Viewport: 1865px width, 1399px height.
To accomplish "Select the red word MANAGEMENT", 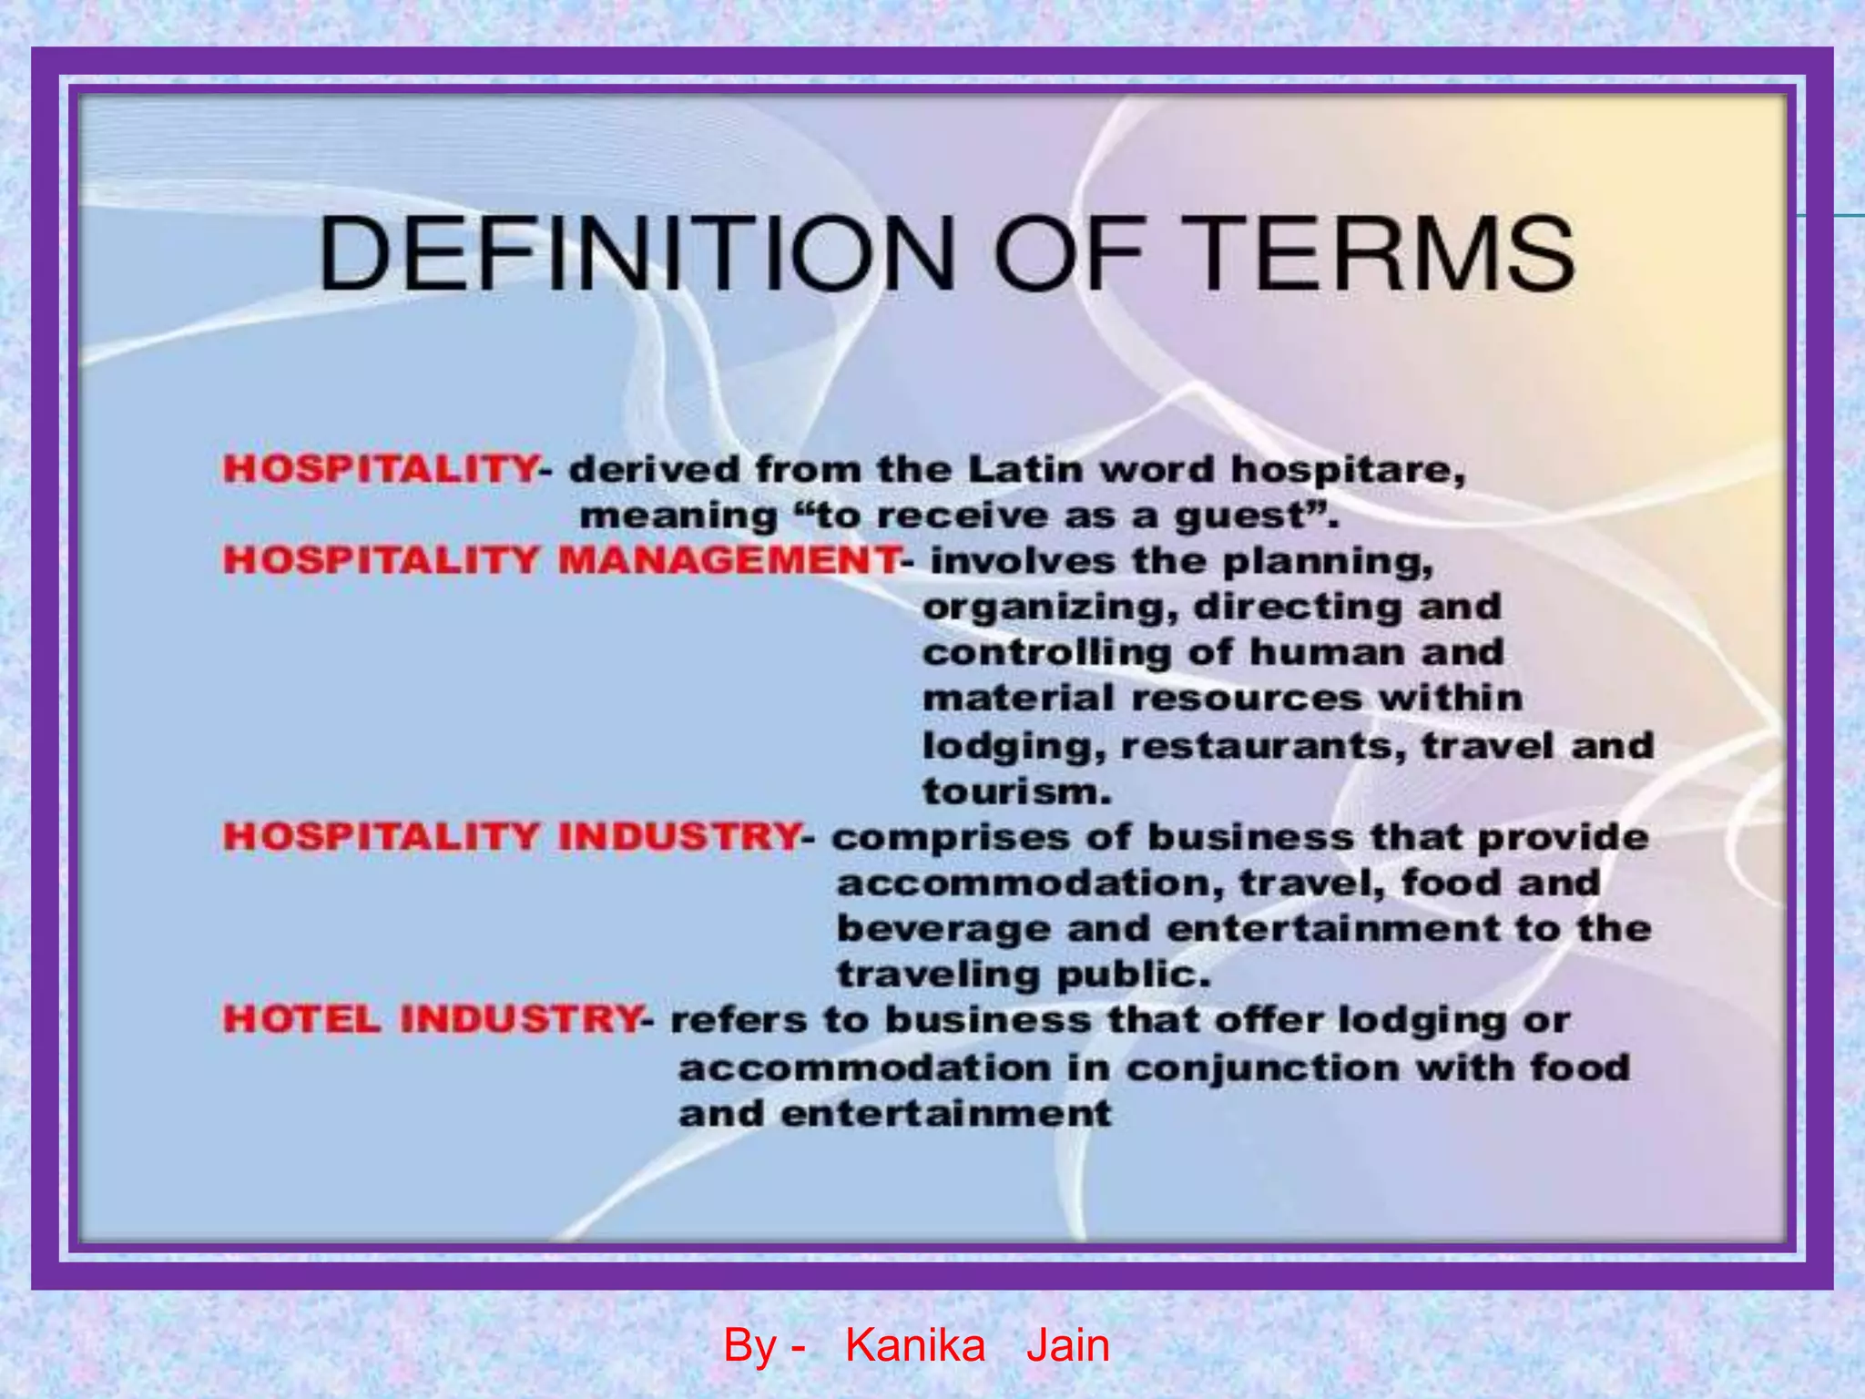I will coord(729,559).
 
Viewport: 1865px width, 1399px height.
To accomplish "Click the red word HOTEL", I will coord(301,1018).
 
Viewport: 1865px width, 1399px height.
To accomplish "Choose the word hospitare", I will coord(1348,471).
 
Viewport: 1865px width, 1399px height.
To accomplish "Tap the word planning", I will coord(1328,562).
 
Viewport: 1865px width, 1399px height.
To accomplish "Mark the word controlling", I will coord(1047,653).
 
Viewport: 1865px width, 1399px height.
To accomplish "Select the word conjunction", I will coord(1262,1067).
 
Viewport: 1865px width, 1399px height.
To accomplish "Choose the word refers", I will coord(739,1019).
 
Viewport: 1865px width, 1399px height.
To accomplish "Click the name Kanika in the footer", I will coord(915,1345).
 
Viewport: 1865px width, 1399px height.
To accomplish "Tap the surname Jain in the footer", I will coord(1067,1345).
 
